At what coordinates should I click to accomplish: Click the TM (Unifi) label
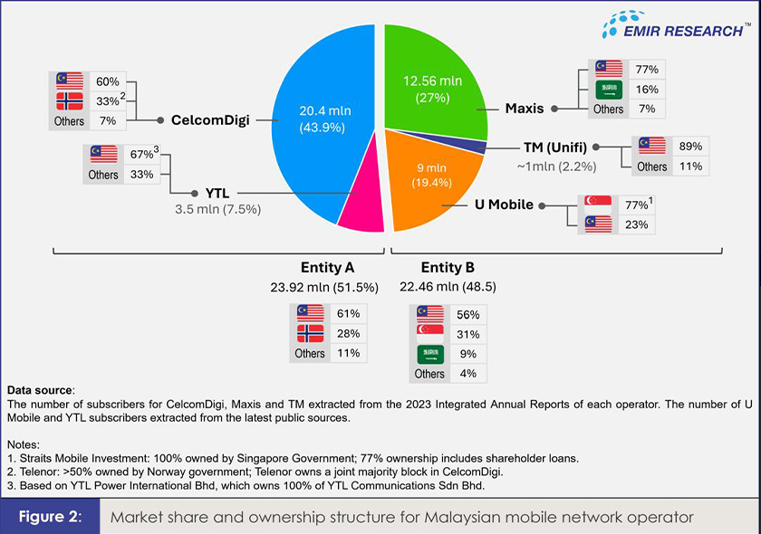pos(562,147)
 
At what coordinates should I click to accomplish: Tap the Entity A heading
pos(327,268)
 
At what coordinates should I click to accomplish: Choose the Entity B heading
pos(448,268)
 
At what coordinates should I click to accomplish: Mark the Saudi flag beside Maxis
pos(609,90)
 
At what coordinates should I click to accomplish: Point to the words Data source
pos(41,389)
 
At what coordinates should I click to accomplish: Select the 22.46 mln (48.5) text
pos(448,287)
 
